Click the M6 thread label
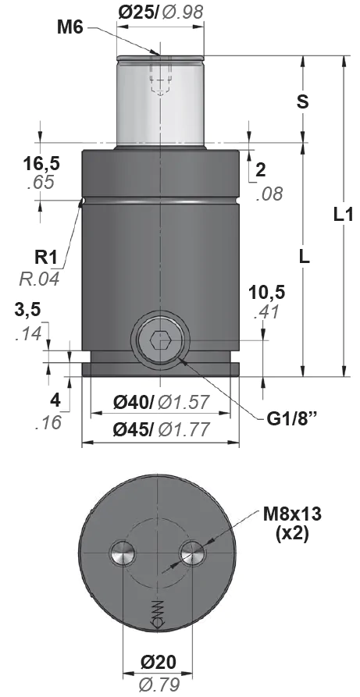click(x=70, y=28)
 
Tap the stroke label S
click(x=303, y=101)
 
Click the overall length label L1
click(x=344, y=215)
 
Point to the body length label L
click(x=304, y=257)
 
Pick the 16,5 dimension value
click(x=41, y=164)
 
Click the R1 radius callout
click(x=46, y=258)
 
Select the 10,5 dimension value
click(x=267, y=293)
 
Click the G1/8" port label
click(x=294, y=418)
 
